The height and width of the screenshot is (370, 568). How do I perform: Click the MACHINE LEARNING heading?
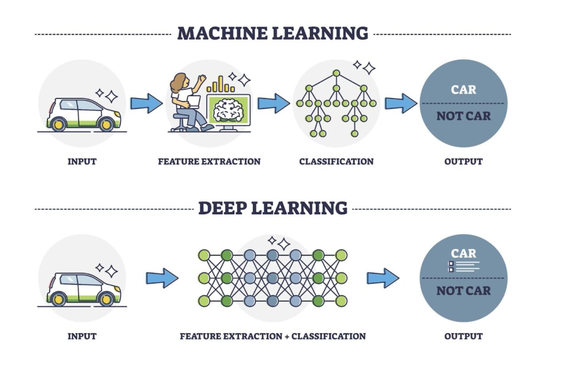pyautogui.click(x=272, y=34)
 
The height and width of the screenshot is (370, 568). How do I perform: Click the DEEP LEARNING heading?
pyautogui.click(x=272, y=208)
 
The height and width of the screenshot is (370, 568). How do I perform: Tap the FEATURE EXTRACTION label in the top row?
pyautogui.click(x=209, y=161)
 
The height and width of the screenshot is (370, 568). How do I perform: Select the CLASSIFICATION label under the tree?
pyautogui.click(x=336, y=161)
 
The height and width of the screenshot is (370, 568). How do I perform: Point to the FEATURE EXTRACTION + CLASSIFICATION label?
pyautogui.click(x=272, y=336)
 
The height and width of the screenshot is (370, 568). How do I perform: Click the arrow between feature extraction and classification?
pyautogui.click(x=273, y=103)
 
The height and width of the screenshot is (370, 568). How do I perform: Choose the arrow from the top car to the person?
pyautogui.click(x=146, y=103)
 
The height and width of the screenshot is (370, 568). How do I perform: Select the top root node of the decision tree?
pyautogui.click(x=336, y=73)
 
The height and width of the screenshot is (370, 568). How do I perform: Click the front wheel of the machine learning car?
pyautogui.click(x=106, y=125)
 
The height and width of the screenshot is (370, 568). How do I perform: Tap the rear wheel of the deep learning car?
pyautogui.click(x=58, y=299)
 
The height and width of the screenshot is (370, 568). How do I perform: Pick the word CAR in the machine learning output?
pyautogui.click(x=463, y=90)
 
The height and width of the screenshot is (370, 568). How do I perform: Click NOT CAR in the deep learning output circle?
pyautogui.click(x=463, y=291)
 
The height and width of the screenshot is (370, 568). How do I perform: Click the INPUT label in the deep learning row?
pyautogui.click(x=82, y=336)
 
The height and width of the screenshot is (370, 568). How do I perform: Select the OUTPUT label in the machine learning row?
pyautogui.click(x=463, y=161)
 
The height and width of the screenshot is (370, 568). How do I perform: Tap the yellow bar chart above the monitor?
pyautogui.click(x=221, y=84)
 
